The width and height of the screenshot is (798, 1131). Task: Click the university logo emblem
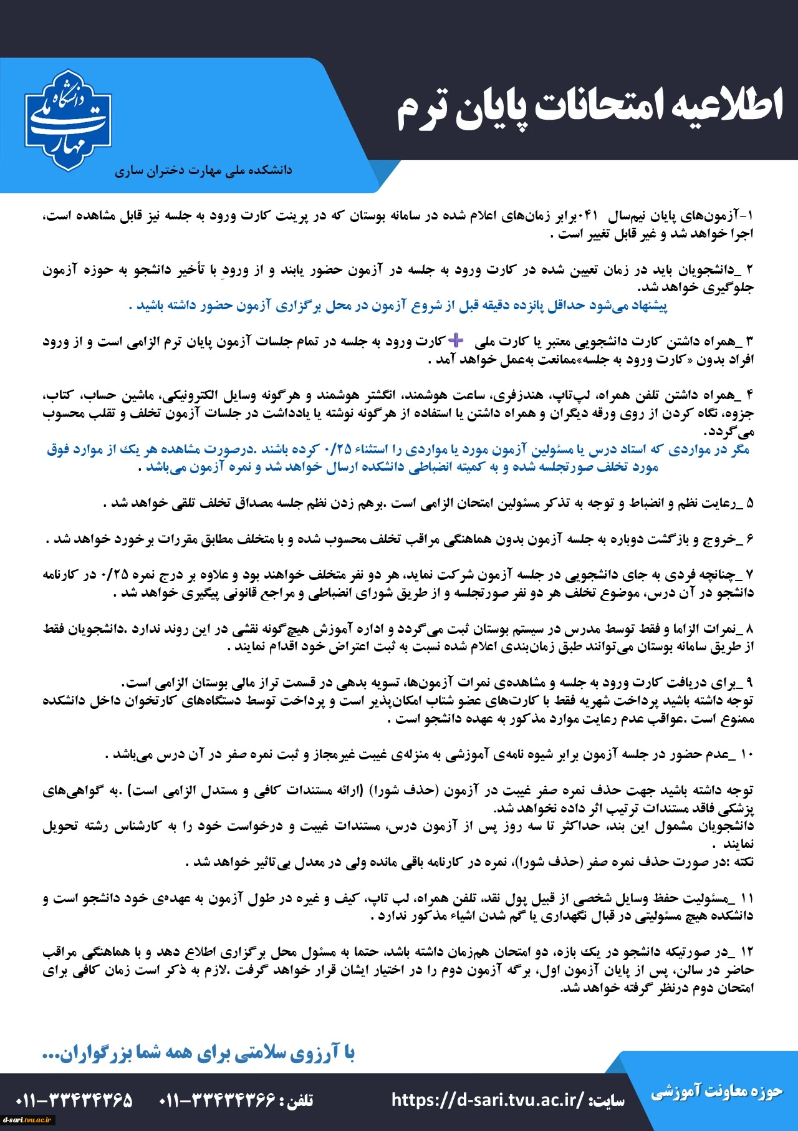point(68,120)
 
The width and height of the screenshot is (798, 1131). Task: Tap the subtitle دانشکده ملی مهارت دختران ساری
point(203,170)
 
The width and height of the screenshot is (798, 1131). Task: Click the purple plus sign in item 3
point(457,340)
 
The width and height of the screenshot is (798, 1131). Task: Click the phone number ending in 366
point(218,1100)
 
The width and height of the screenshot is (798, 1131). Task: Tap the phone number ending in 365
point(74,1100)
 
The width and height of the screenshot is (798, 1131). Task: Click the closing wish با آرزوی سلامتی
point(198,1053)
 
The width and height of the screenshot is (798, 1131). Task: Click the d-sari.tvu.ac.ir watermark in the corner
point(29,1120)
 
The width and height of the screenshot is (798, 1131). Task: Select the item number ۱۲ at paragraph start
point(747,952)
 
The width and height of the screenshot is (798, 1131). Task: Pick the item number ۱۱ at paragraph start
point(747,898)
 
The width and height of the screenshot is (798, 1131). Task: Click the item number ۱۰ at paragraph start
point(748,755)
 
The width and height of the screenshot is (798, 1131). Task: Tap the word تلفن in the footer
point(299,1100)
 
